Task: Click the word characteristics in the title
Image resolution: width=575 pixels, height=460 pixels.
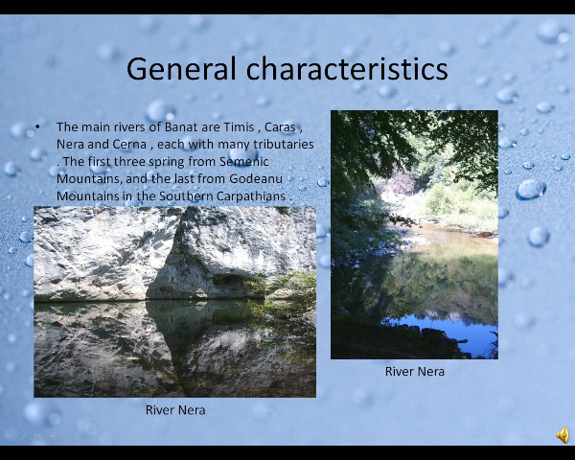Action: point(347,69)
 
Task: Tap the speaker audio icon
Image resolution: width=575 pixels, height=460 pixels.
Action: point(563,435)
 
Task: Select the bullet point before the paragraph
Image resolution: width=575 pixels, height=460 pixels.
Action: point(37,126)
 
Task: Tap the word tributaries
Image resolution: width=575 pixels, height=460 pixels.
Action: point(283,144)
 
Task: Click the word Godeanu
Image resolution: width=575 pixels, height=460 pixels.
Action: point(256,178)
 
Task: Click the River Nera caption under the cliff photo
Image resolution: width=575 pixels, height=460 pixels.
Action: point(175,410)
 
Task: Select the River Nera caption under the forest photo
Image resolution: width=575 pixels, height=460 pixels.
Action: point(414,371)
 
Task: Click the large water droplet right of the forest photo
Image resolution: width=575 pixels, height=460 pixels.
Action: point(531,190)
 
